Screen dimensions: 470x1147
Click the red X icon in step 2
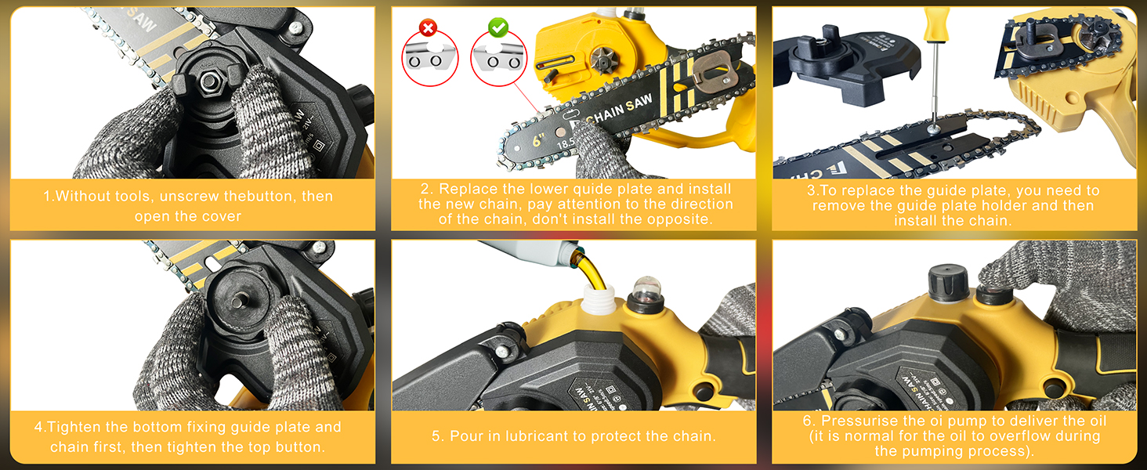[428, 29]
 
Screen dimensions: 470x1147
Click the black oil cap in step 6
[944, 281]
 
